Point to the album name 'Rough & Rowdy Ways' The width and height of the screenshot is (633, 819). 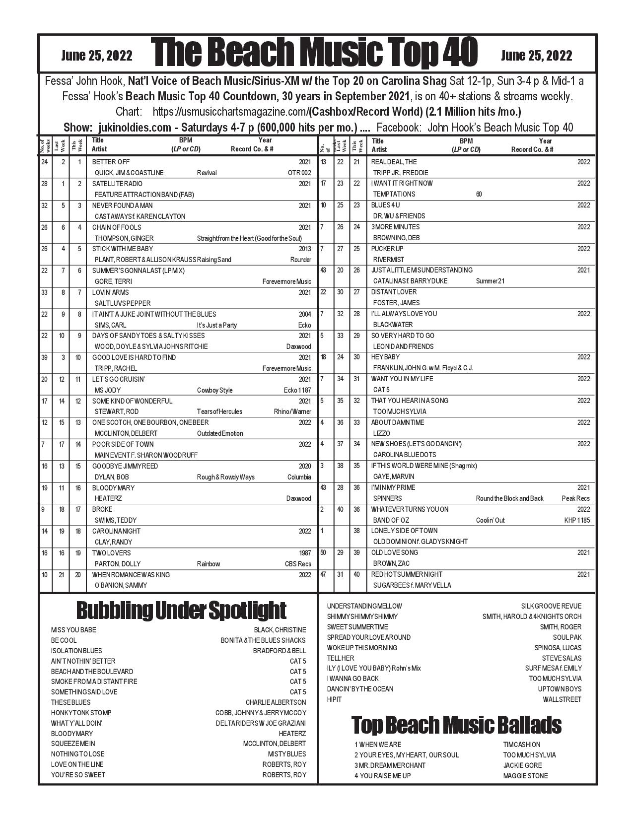pos(225,477)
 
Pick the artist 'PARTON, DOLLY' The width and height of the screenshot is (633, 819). pos(117,564)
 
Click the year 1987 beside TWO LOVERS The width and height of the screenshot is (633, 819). pos(305,553)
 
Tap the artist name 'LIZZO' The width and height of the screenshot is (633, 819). pos(381,433)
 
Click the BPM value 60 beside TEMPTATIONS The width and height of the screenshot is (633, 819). pos(479,194)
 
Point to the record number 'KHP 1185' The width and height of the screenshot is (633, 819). pos(577,520)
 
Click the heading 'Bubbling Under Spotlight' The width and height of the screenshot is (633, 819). pos(181,611)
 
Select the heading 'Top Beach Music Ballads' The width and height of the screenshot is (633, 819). pos(456,725)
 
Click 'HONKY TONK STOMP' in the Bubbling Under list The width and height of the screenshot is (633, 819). pos(81,713)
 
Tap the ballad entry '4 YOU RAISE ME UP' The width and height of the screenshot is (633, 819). pos(382,776)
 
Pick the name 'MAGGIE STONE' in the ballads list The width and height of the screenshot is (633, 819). pos(525,776)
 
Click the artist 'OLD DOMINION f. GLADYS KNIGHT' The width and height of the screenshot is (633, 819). pos(420,542)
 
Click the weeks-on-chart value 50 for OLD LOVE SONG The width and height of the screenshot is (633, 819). pos(323,552)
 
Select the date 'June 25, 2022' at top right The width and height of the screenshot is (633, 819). pos(536,56)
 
